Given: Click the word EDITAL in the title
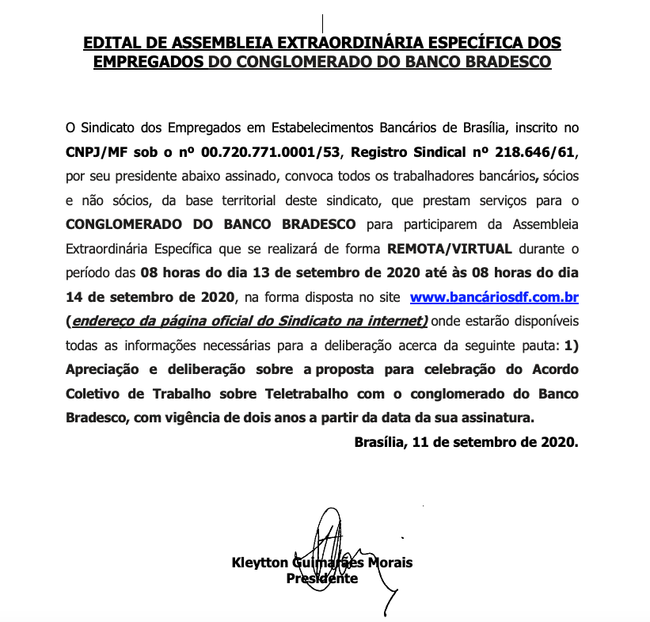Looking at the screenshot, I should pos(114,42).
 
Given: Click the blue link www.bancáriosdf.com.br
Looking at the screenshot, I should pos(493,298).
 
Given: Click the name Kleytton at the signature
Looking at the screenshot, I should pos(260,563).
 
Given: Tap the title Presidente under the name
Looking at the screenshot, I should pos(321,578).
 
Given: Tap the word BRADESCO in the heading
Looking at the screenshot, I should pos(506,61).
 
